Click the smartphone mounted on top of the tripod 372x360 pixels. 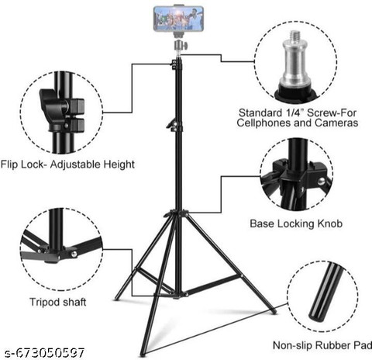tap(178, 19)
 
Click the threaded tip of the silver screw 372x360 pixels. tap(295, 36)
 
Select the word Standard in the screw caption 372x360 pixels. tap(260, 113)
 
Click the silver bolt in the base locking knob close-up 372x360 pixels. tap(322, 181)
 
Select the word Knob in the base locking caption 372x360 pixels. tap(329, 223)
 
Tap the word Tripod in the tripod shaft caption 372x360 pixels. tap(44, 302)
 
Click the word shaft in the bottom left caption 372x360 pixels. tap(74, 302)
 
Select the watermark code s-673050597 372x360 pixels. tap(45, 353)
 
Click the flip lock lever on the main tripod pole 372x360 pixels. tap(171, 123)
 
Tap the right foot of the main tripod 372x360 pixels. tap(274, 311)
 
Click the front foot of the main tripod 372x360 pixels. tap(143, 353)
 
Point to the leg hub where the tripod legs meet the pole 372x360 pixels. tap(177, 213)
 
